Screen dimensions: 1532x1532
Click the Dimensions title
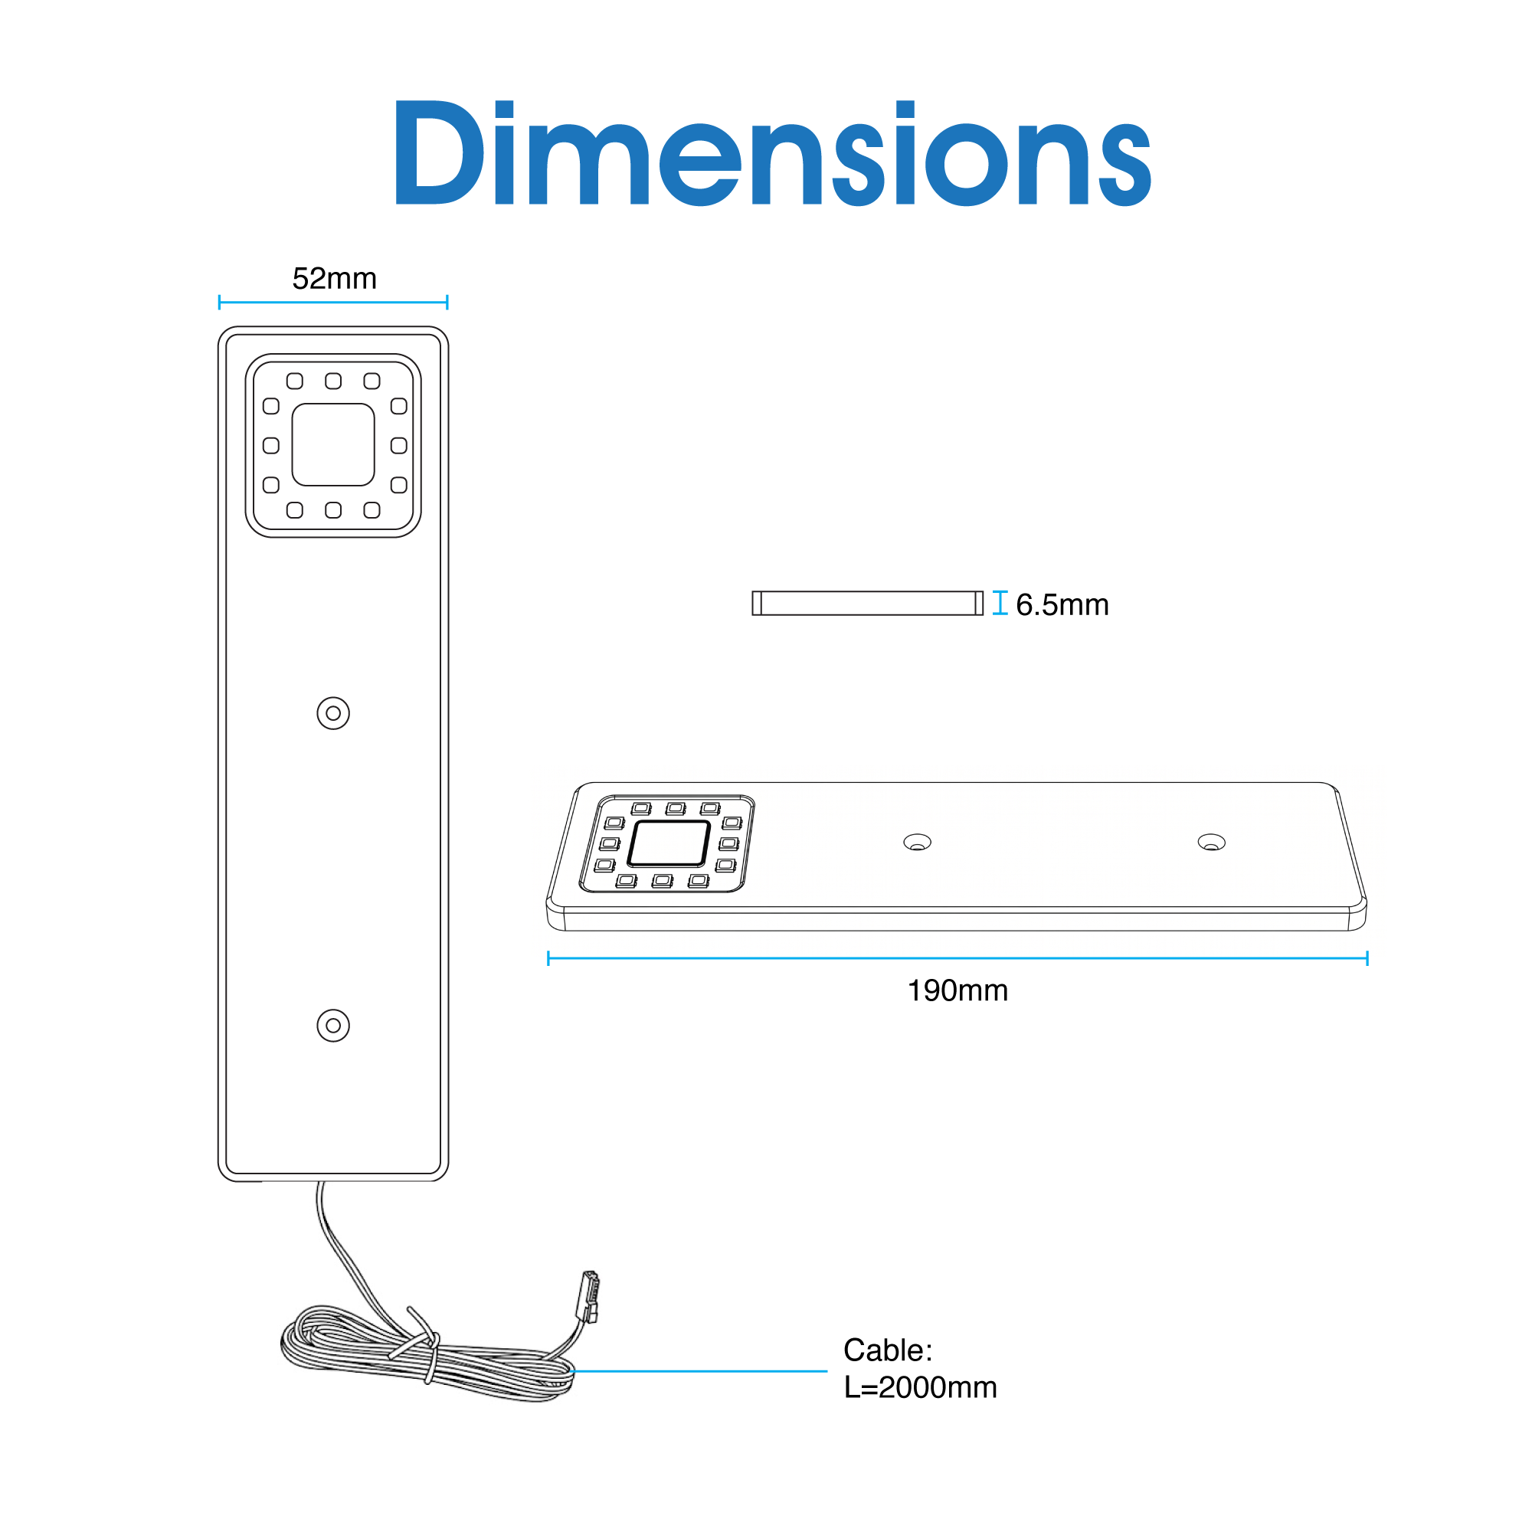pyautogui.click(x=772, y=152)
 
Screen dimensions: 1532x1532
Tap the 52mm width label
pyautogui.click(x=334, y=278)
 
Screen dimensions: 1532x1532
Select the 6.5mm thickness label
pyautogui.click(x=1062, y=605)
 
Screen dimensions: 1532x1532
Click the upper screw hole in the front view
pyautogui.click(x=333, y=713)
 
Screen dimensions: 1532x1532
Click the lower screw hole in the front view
pyautogui.click(x=333, y=1026)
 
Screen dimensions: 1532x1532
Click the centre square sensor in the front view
pyautogui.click(x=333, y=444)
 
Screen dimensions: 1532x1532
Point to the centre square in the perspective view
pyautogui.click(x=669, y=842)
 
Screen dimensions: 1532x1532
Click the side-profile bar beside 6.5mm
pyautogui.click(x=868, y=603)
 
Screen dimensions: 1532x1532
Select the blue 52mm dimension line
pyautogui.click(x=333, y=302)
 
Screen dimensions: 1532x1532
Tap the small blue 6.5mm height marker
pyautogui.click(x=1000, y=603)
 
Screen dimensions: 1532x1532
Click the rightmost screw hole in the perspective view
pyautogui.click(x=1211, y=842)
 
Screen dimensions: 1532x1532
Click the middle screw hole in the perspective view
pyautogui.click(x=918, y=842)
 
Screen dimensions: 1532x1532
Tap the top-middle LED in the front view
pyautogui.click(x=333, y=381)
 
